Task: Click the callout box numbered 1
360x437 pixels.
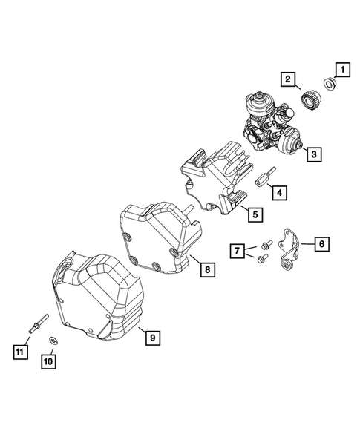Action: click(x=342, y=70)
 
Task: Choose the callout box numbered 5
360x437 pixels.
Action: click(x=253, y=215)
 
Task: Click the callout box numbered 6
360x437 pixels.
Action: click(x=321, y=243)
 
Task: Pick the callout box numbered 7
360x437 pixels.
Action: click(x=237, y=252)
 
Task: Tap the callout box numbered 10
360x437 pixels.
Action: click(x=48, y=361)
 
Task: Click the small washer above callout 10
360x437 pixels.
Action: click(x=53, y=340)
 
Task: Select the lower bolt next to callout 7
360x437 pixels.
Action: click(x=259, y=260)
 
